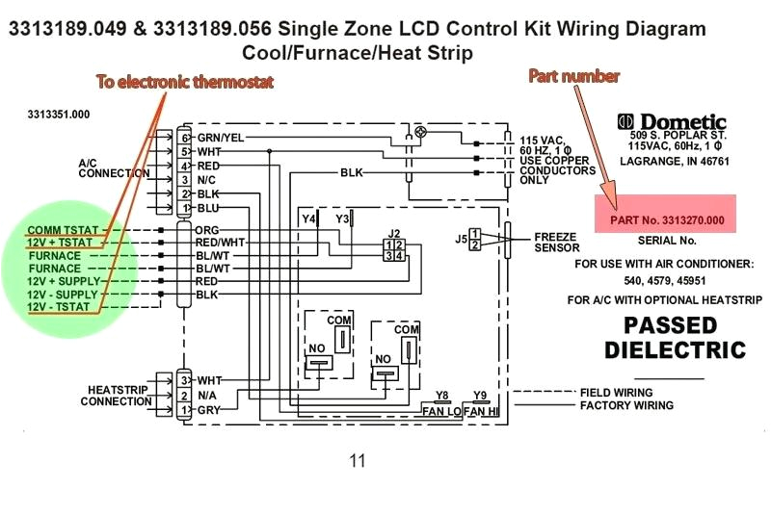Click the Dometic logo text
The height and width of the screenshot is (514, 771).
(x=672, y=122)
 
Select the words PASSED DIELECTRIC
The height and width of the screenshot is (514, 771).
(x=676, y=337)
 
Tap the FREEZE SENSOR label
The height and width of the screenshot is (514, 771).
(x=557, y=242)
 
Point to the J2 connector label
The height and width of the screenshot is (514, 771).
(x=393, y=234)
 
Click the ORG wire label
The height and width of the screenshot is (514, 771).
(x=207, y=231)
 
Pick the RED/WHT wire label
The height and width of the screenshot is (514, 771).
(x=220, y=244)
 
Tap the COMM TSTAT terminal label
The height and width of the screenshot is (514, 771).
(x=58, y=231)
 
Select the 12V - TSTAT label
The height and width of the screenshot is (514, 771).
(x=58, y=306)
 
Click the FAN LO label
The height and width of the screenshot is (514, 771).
(x=441, y=411)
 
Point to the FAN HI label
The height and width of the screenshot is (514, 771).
(x=481, y=411)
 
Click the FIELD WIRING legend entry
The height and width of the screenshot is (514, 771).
(x=616, y=393)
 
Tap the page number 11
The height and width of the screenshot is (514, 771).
(x=358, y=461)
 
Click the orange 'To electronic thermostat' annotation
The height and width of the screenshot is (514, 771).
(x=184, y=82)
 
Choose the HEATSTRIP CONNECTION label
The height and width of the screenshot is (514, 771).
(x=116, y=396)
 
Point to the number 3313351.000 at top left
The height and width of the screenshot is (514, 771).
(x=59, y=114)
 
